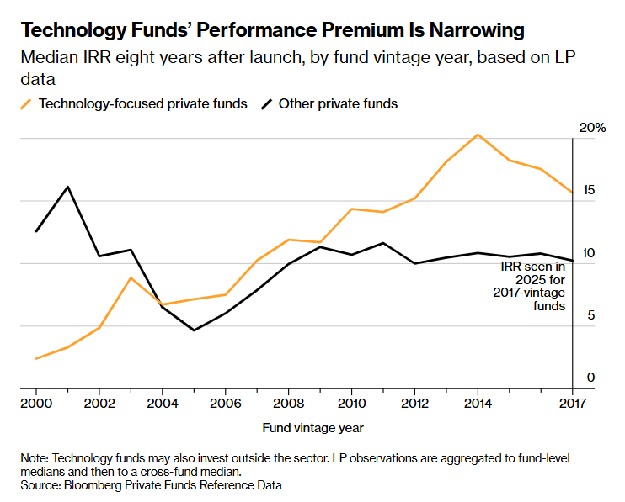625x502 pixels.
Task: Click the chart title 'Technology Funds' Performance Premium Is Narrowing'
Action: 272,31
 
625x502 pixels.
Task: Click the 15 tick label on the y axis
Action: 589,190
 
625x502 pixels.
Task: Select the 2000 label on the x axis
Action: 36,403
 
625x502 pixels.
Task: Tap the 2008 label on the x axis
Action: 289,403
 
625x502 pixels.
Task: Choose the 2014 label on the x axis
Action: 478,403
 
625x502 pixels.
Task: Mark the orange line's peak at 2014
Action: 478,135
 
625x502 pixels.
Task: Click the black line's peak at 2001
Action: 68,187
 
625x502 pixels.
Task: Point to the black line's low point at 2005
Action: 194,330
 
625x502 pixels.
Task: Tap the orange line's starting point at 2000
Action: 36,359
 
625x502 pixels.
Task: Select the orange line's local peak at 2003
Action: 131,277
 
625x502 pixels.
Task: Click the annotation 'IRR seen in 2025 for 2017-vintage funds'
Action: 533,286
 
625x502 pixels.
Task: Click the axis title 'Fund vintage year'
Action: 312,427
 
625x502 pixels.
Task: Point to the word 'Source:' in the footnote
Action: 40,485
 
